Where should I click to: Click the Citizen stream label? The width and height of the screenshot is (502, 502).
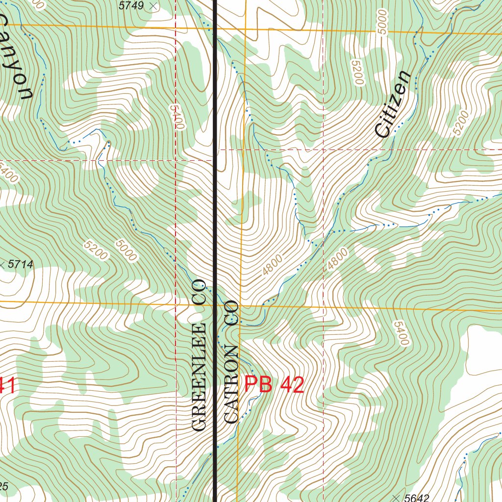392,104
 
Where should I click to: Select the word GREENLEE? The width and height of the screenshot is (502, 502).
199,377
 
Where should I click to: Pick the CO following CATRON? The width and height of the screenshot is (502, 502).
231,313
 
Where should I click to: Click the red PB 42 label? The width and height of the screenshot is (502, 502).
274,385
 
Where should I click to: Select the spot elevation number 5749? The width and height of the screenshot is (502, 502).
131,6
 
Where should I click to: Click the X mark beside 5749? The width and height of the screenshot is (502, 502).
153,6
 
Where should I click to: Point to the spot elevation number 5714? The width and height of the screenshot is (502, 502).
21,265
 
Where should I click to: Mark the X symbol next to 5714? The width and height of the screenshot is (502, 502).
2,265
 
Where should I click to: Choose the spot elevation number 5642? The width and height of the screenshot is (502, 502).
417,498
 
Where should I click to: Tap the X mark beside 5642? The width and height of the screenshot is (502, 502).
396,498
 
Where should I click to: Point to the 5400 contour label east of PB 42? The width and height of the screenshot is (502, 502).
401,333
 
